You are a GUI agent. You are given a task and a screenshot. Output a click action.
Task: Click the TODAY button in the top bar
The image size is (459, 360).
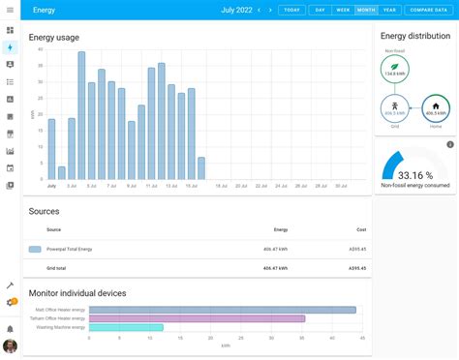pos(291,10)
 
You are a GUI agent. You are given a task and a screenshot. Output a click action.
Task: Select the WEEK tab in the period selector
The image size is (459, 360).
pos(342,10)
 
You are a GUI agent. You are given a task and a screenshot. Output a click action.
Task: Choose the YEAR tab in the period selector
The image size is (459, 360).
pos(389,10)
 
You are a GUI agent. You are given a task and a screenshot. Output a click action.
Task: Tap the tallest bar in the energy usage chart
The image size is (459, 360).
pos(81,116)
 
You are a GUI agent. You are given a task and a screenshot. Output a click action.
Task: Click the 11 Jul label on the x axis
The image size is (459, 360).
pos(151,186)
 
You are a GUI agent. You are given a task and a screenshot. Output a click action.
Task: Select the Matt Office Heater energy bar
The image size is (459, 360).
pos(222,310)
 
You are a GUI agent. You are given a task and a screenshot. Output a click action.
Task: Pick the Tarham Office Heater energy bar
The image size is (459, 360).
pos(197,318)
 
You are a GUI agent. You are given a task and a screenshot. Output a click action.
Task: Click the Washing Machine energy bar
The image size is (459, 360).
pos(126,327)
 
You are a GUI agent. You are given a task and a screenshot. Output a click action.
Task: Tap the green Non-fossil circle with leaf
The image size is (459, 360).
pos(395,69)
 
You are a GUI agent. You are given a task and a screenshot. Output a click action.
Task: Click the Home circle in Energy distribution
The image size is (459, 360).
pos(435,108)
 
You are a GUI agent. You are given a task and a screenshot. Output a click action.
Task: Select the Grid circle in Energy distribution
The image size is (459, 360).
pos(395,108)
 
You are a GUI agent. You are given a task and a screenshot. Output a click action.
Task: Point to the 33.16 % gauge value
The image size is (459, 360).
pos(415,175)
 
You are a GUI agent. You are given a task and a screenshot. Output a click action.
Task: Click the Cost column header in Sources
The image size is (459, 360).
pos(361,229)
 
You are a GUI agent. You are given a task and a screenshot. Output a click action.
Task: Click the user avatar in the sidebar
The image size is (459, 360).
pos(10,345)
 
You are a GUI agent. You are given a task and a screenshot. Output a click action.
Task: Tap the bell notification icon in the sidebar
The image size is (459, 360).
pos(10,328)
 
